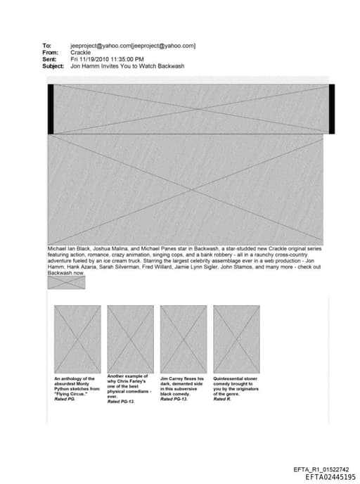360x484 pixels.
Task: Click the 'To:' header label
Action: click(x=47, y=46)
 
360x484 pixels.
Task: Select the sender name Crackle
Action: click(x=81, y=53)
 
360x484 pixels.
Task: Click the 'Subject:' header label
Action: click(x=53, y=66)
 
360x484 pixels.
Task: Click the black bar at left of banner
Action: click(x=51, y=109)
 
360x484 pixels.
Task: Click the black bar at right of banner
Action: click(x=331, y=109)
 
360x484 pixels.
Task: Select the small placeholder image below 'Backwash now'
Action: click(x=66, y=283)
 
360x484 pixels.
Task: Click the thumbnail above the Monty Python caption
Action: click(x=77, y=338)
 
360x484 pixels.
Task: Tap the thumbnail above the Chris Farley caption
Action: click(x=130, y=338)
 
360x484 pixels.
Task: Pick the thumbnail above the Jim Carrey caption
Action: click(x=184, y=338)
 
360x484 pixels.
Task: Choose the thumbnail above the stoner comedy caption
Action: click(x=236, y=338)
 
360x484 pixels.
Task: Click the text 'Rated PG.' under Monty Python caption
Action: click(x=65, y=399)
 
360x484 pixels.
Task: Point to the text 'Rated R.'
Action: click(x=222, y=399)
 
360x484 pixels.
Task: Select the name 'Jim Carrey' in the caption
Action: click(x=173, y=378)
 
